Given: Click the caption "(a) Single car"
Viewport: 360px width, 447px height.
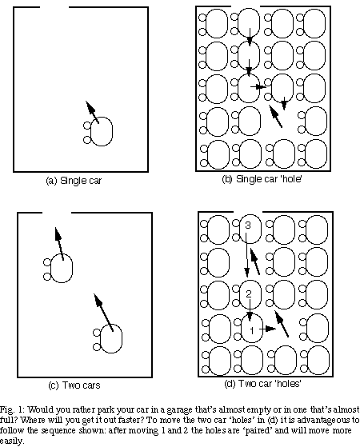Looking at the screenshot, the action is pos(74,181).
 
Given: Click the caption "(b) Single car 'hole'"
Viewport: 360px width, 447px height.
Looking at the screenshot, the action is pos(262,179).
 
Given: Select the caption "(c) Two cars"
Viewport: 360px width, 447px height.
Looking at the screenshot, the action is pos(74,385).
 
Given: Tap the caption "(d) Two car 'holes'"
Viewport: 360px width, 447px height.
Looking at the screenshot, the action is pos(262,383).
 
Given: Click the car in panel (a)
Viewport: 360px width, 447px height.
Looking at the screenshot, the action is pos(98,132).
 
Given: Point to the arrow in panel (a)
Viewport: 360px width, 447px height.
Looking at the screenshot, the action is pos(93,112).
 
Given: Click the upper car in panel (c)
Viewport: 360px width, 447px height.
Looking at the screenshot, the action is pos(58,268).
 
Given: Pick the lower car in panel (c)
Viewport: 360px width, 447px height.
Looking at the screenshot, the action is pos(108,339).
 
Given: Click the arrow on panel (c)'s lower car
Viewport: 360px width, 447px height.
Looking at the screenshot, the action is pos(103,313).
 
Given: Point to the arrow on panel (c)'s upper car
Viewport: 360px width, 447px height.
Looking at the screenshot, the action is pos(59,244).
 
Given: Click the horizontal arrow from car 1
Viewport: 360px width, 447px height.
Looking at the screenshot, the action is pos(267,329).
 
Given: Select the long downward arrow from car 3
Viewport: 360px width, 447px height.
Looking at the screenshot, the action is pos(247,255).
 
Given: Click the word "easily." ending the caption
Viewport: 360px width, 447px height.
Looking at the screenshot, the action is pos(12,441).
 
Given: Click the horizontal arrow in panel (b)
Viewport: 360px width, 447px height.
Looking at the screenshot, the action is pos(258,86).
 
